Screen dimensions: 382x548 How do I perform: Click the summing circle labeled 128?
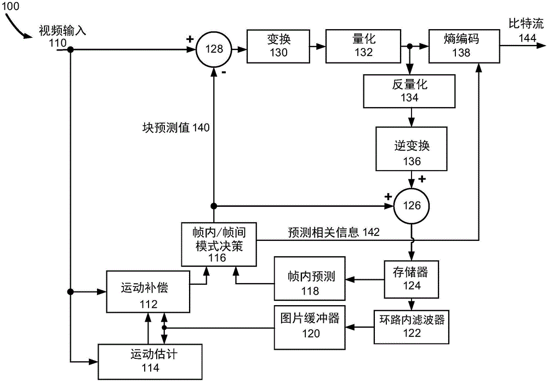[214, 49]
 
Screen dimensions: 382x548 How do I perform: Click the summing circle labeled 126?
[411, 206]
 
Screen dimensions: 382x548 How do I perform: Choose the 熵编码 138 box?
[465, 46]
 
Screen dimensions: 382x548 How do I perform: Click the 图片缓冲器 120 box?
[310, 326]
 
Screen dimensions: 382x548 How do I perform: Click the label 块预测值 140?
[172, 127]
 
